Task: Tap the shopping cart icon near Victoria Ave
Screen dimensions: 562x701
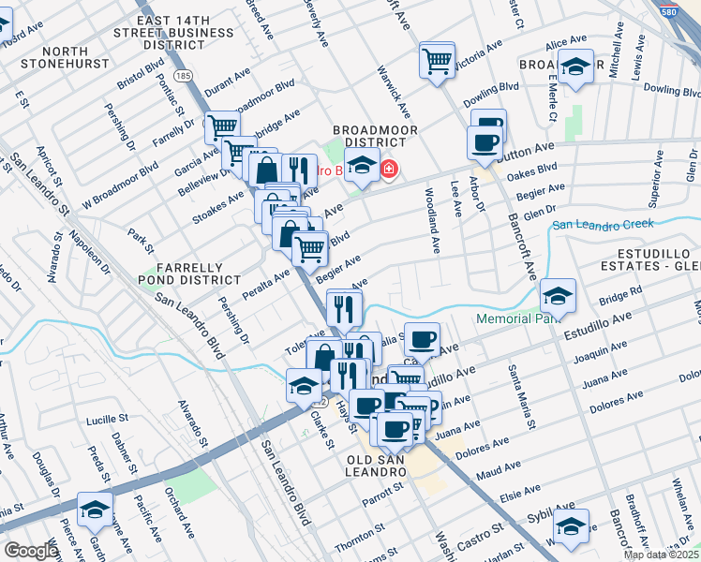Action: [x=438, y=60]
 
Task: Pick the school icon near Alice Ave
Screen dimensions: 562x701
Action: [x=576, y=67]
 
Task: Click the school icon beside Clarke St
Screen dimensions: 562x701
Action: [x=304, y=385]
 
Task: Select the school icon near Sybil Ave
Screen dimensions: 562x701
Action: [x=570, y=525]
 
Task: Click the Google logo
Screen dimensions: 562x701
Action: [x=31, y=551]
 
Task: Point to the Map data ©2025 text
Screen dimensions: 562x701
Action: [x=661, y=555]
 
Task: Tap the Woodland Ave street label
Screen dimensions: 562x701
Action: [x=433, y=221]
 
